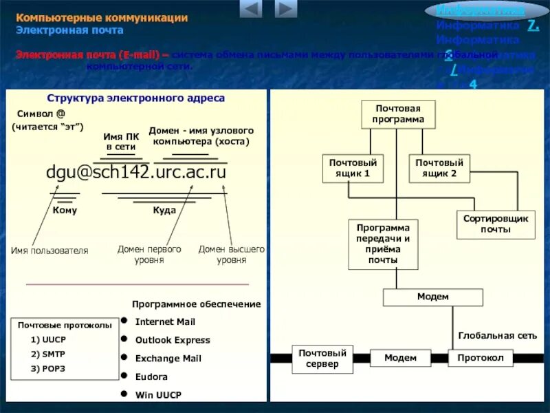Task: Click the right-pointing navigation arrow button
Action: point(286,9)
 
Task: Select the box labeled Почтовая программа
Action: point(398,114)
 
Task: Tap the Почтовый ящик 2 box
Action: point(440,168)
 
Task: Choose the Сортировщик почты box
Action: point(495,224)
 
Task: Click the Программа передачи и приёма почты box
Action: point(383,244)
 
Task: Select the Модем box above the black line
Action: point(433,297)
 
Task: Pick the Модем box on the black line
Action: point(400,358)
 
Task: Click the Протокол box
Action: point(481,358)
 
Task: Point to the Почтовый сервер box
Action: point(322,359)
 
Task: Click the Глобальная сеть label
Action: point(497,335)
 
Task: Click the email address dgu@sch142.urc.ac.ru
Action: point(136,172)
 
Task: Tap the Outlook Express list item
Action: point(173,340)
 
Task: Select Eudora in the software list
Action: point(151,377)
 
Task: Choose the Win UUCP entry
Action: point(159,395)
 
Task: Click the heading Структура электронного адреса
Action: point(135,98)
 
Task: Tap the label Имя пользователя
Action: point(49,251)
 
